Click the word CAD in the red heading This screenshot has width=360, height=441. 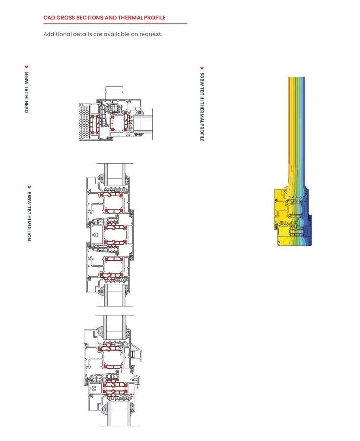[49, 18]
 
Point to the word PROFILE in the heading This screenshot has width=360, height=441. [155, 18]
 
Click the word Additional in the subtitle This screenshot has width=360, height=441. [57, 34]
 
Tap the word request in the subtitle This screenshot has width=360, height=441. [151, 34]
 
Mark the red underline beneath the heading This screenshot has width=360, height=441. [115, 24]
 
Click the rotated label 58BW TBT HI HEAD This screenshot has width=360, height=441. [27, 92]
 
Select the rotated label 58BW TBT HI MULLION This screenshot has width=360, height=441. [29, 216]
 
